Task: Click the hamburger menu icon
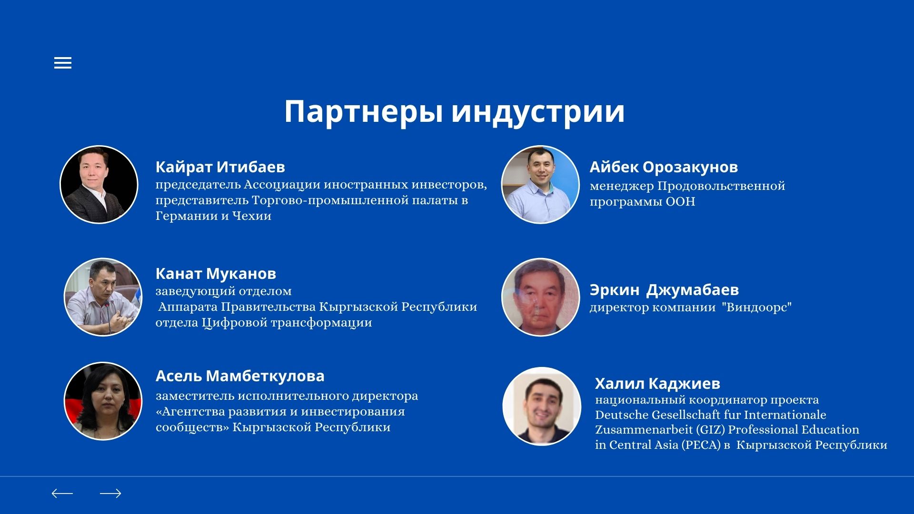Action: point(63,63)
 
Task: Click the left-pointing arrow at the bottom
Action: point(62,494)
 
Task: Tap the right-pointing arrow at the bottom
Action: point(110,494)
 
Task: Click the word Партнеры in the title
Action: point(364,112)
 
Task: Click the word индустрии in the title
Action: point(538,112)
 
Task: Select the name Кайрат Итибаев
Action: point(220,167)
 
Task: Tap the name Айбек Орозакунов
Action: point(664,167)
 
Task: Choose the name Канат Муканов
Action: point(216,274)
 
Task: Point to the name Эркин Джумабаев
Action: point(664,290)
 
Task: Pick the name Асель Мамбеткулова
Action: point(240,376)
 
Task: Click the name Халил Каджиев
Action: point(657,384)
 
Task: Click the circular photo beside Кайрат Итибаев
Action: point(99,185)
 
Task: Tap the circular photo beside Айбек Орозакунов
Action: point(540,185)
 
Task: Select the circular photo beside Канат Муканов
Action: point(103,297)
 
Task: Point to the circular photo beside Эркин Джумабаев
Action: point(541,297)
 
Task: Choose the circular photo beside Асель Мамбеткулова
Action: point(103,401)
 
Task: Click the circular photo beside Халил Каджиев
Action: point(542,406)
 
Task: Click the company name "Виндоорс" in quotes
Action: point(757,307)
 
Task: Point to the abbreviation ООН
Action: point(680,202)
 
